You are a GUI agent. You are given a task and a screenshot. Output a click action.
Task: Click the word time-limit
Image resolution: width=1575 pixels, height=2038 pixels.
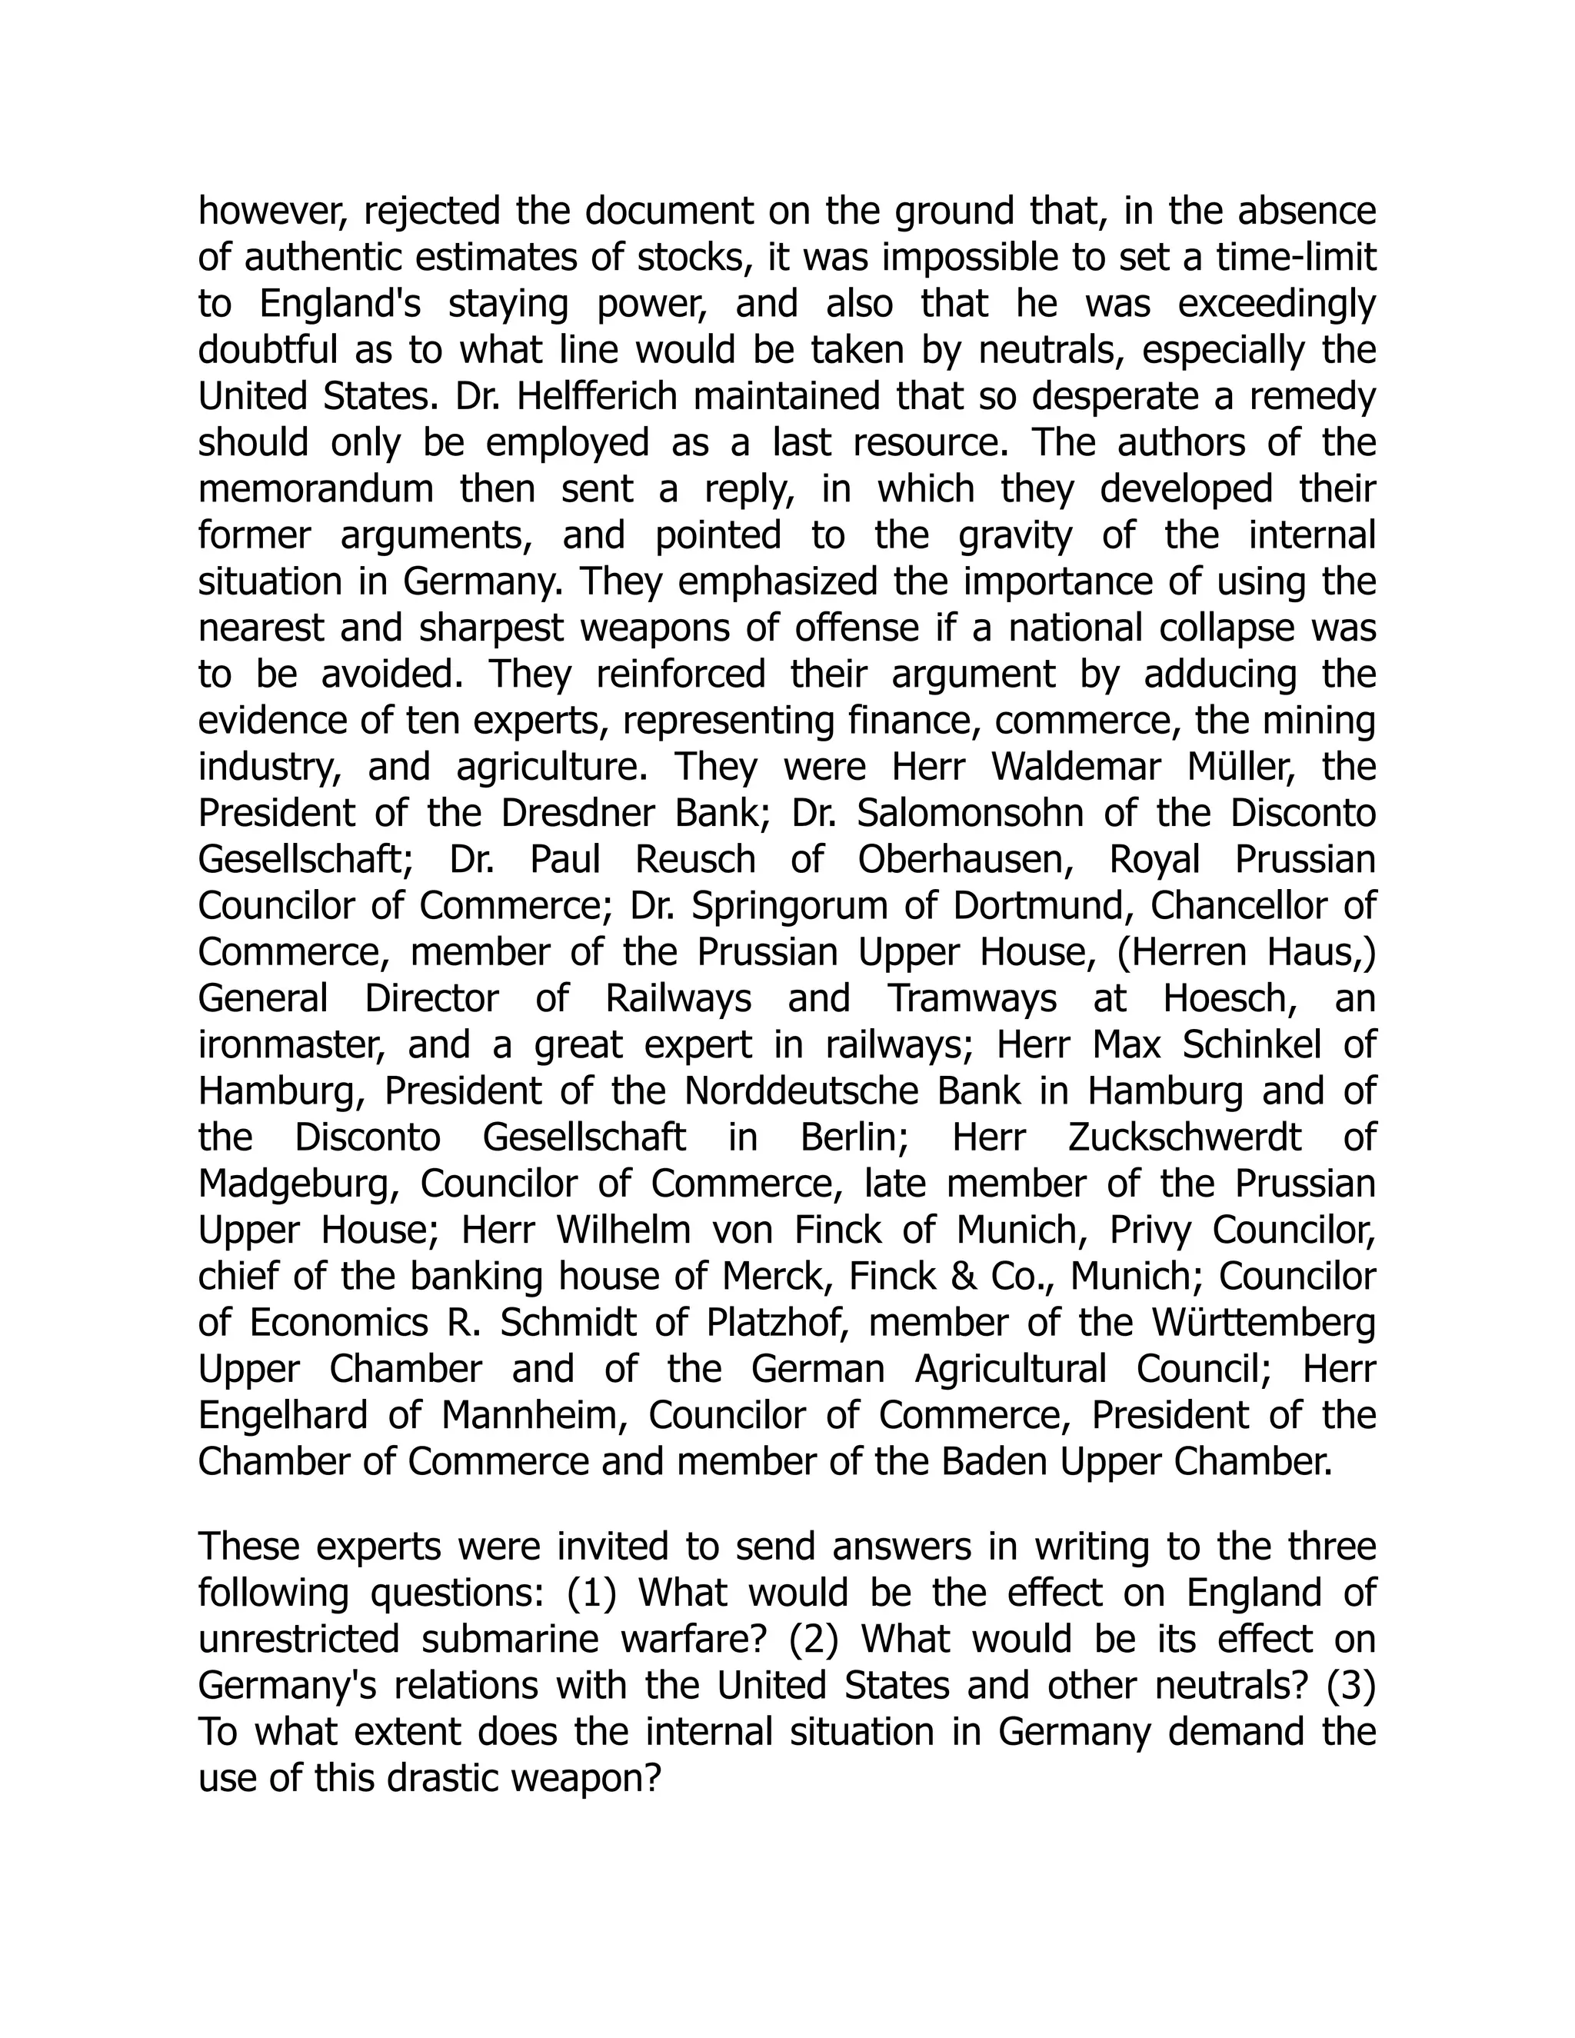(x=1296, y=258)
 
